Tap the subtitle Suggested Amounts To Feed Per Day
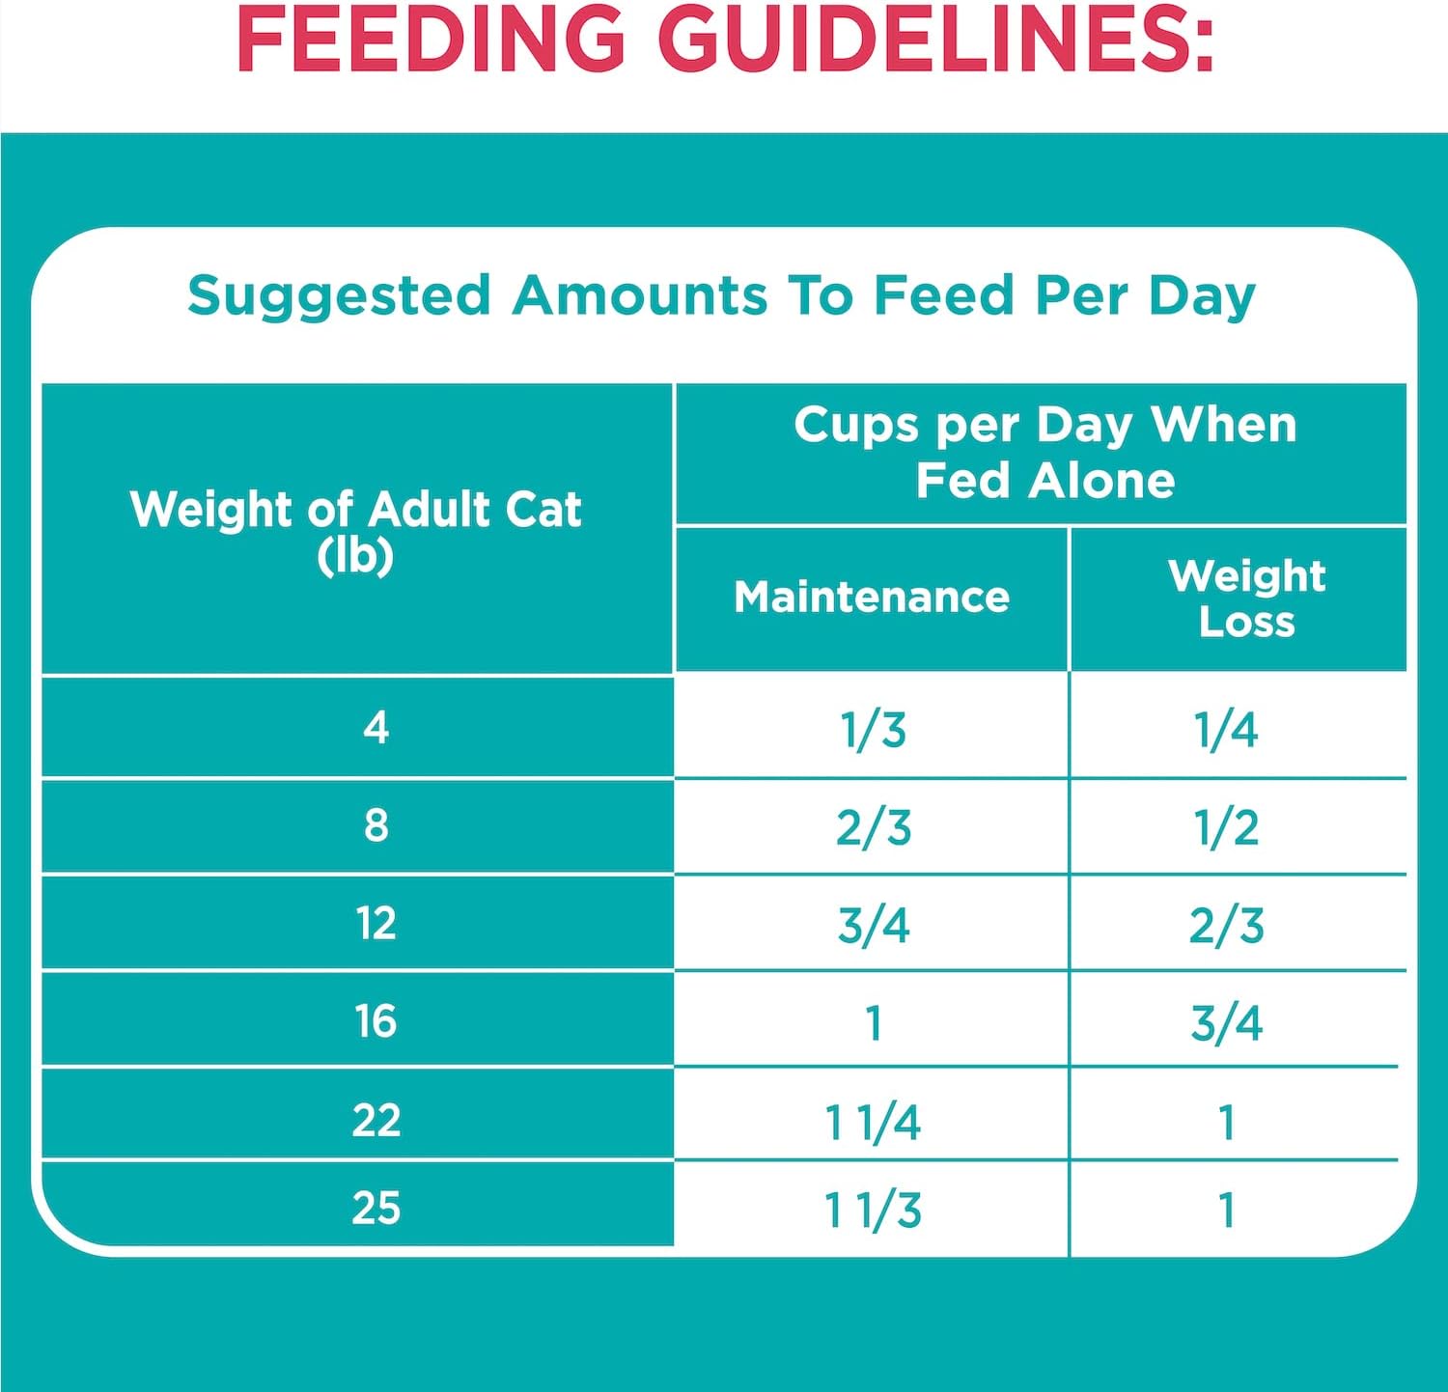pos(721,295)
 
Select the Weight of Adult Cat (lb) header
pos(356,530)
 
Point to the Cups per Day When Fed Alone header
pos(1044,452)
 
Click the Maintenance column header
pos(872,598)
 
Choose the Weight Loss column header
pos(1246,599)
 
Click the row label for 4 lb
pos(376,727)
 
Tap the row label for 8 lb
pos(376,825)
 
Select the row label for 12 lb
pos(376,924)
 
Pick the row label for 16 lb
pos(376,1021)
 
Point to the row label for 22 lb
pos(376,1120)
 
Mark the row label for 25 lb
pos(376,1208)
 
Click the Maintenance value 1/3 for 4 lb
pos(873,730)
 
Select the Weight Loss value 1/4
pos(1226,730)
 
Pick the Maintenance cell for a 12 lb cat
pos(873,925)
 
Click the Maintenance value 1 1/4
pos(873,1123)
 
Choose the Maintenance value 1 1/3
pos(873,1210)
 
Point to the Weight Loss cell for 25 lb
pos(1226,1210)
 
